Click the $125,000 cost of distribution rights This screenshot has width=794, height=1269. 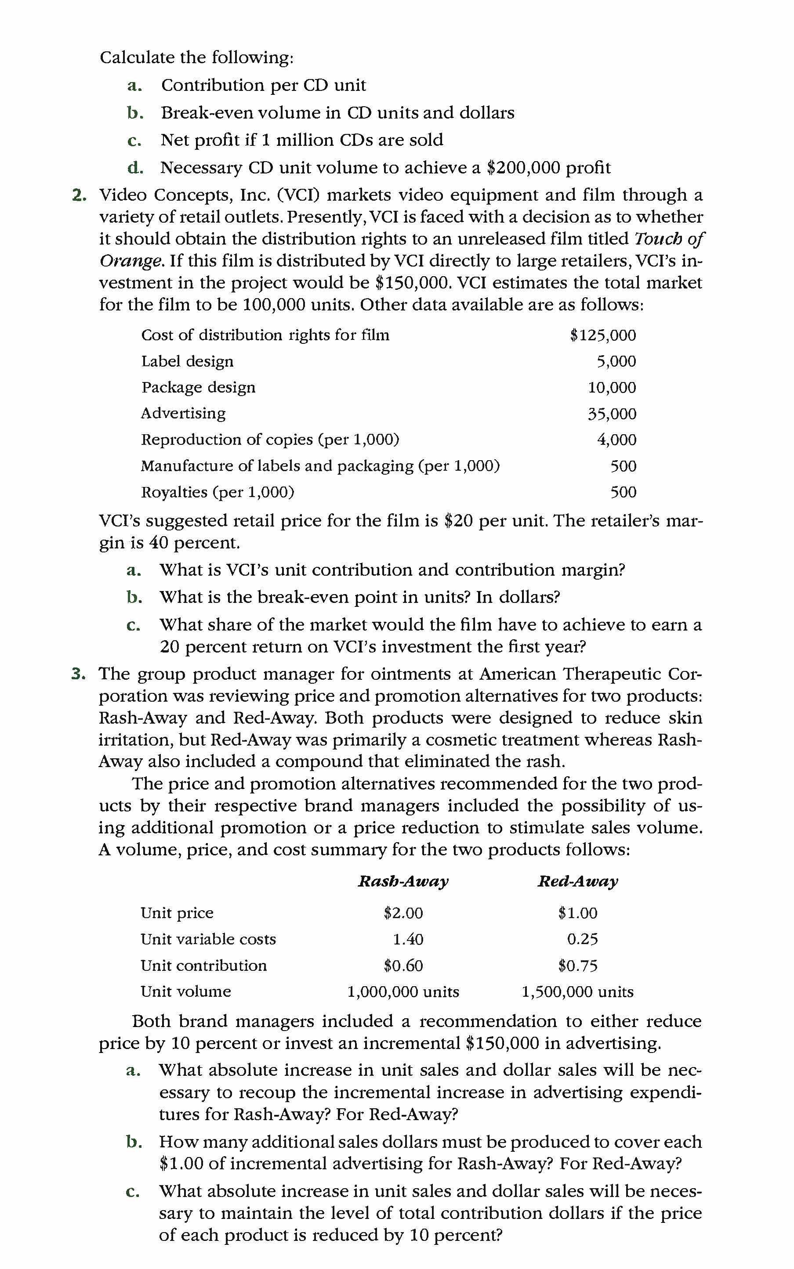tap(602, 335)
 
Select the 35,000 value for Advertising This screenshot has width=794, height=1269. tap(611, 414)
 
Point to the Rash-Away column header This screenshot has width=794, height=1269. tap(403, 881)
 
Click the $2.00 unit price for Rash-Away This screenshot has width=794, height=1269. tap(403, 913)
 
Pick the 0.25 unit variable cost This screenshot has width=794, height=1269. tap(582, 939)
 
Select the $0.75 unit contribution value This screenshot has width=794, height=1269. tap(577, 965)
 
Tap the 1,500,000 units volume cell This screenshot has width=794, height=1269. tap(577, 991)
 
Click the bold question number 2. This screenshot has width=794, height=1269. tap(79, 195)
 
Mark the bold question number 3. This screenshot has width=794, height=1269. tap(78, 674)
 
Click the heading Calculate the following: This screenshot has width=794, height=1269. tap(196, 57)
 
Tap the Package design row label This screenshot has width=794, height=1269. tap(198, 387)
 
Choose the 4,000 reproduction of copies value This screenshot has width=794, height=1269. tap(616, 440)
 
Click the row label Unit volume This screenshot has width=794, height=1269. tap(185, 991)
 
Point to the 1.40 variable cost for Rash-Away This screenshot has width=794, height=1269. tap(408, 939)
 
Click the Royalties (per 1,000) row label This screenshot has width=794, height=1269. tap(218, 492)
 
